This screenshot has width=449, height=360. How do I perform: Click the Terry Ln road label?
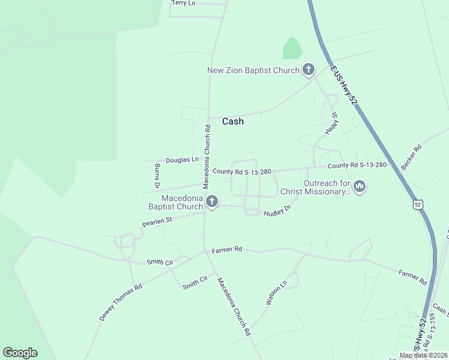pyautogui.click(x=184, y=3)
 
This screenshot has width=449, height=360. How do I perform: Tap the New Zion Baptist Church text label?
pyautogui.click(x=253, y=71)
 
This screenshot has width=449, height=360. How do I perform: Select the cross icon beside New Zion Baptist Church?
pyautogui.click(x=308, y=70)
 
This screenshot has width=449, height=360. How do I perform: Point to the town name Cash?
pyautogui.click(x=233, y=121)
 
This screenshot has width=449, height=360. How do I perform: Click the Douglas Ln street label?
pyautogui.click(x=182, y=160)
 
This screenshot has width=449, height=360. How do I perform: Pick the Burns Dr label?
pyautogui.click(x=157, y=174)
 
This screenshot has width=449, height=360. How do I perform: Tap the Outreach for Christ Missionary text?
pyautogui.click(x=327, y=187)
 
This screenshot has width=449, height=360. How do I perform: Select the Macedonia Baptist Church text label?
pyautogui.click(x=175, y=202)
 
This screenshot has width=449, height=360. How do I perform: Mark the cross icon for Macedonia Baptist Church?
pyautogui.click(x=211, y=202)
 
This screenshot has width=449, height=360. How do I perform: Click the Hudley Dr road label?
pyautogui.click(x=277, y=211)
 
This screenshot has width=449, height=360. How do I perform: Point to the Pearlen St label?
pyautogui.click(x=157, y=222)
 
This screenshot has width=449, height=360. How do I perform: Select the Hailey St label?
pyautogui.click(x=331, y=122)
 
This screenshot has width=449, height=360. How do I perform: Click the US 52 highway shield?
pyautogui.click(x=418, y=205)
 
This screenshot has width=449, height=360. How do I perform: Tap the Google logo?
pyautogui.click(x=20, y=353)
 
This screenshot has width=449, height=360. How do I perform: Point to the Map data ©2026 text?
pyautogui.click(x=423, y=355)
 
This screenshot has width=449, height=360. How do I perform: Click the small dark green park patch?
pyautogui.click(x=292, y=49)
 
